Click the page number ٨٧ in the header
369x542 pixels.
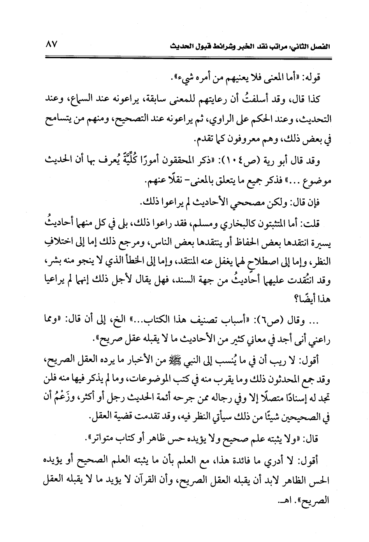(51, 44)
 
